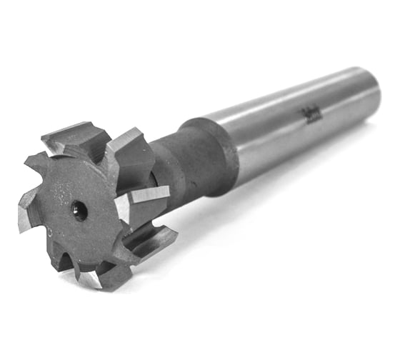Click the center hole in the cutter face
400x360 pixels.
click(x=79, y=210)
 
